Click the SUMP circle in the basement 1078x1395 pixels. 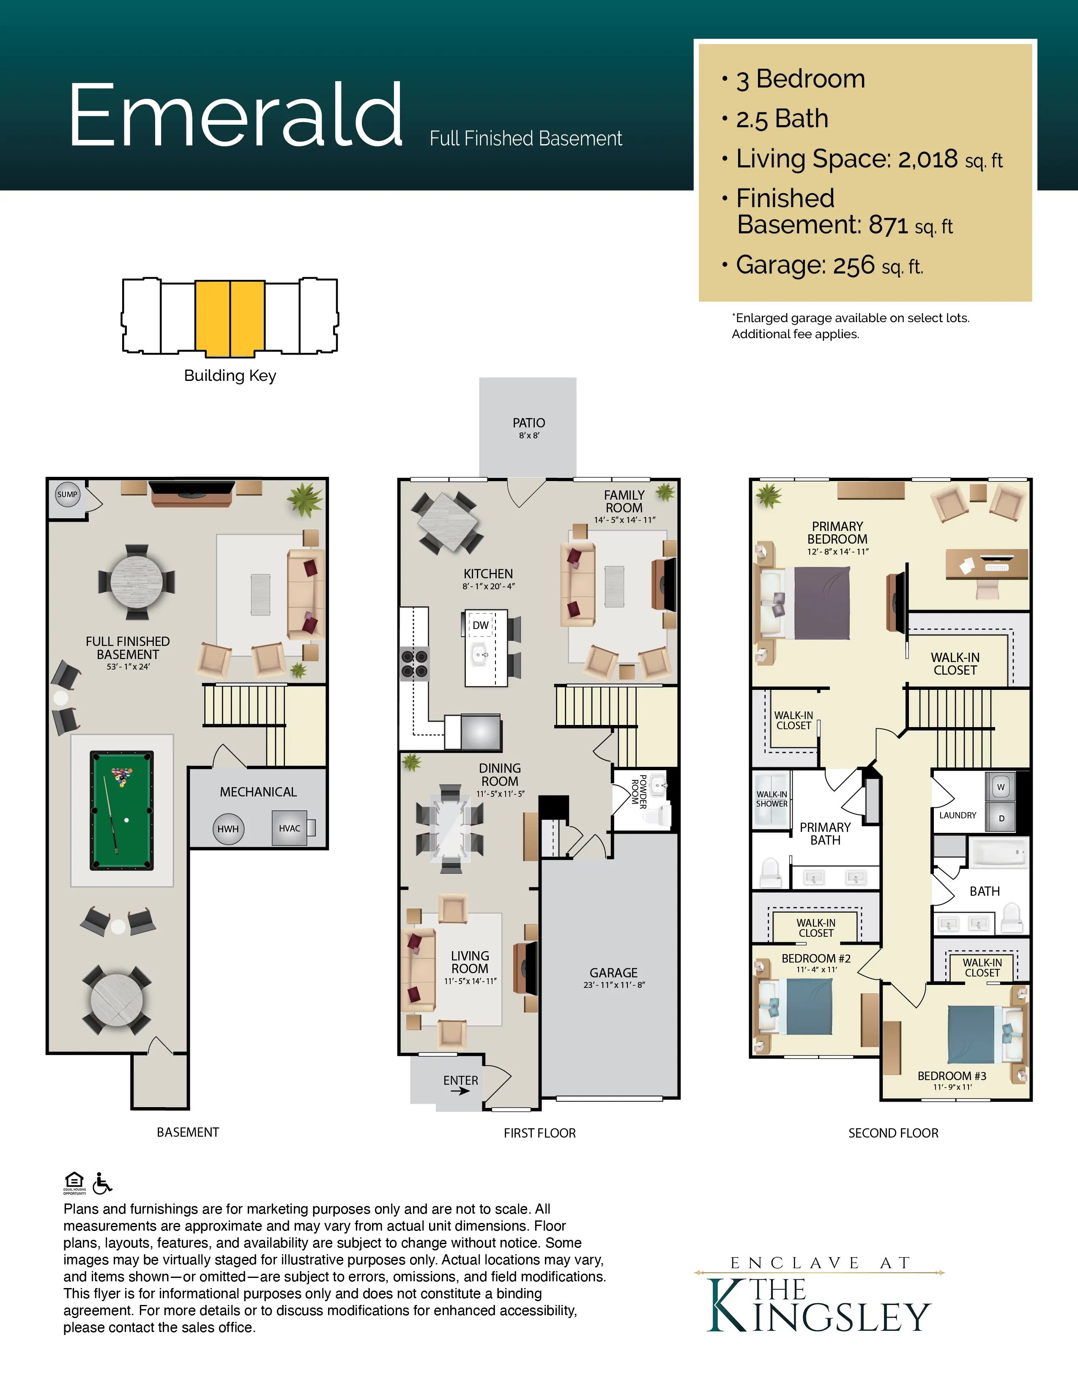(x=68, y=495)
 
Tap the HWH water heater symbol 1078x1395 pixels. (x=228, y=829)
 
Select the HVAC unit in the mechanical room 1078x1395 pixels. (x=290, y=829)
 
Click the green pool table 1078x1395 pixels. (x=121, y=810)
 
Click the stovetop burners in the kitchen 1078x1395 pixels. (x=414, y=664)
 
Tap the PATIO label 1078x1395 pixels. (x=529, y=423)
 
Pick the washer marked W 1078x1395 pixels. (x=1001, y=787)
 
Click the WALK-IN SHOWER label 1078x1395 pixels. (x=772, y=799)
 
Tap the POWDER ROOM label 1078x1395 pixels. (x=639, y=792)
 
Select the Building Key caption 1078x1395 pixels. (x=230, y=375)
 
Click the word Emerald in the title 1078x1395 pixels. (x=235, y=115)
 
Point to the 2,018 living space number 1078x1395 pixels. (x=928, y=159)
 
